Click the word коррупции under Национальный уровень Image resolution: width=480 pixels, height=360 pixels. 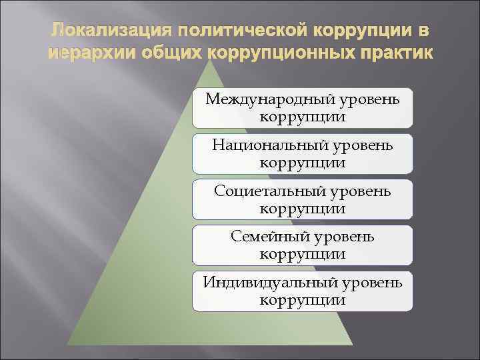pyautogui.click(x=303, y=162)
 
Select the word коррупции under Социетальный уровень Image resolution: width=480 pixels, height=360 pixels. pyautogui.click(x=303, y=208)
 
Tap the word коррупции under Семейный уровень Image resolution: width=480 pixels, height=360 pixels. pyautogui.click(x=303, y=253)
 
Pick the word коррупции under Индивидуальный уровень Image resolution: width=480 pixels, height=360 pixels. pyautogui.click(x=303, y=299)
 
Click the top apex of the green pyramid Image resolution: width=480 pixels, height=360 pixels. pyautogui.click(x=211, y=62)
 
